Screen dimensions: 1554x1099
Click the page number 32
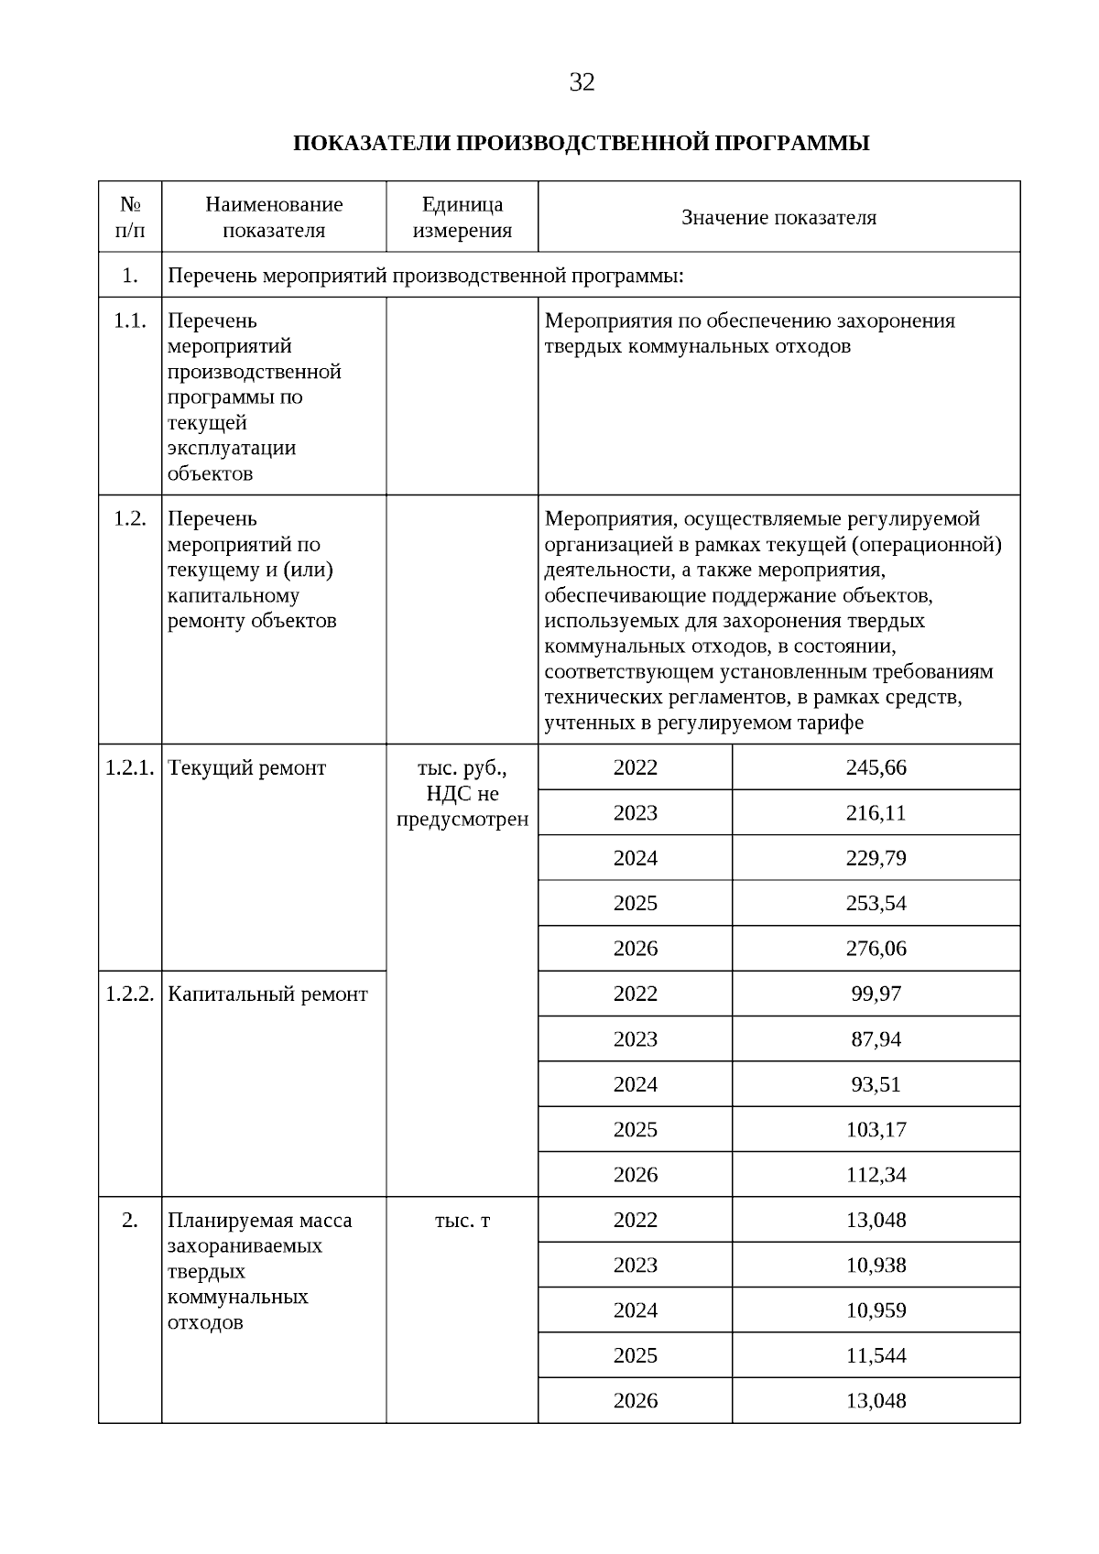(582, 83)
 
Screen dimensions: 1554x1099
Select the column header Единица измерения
(462, 217)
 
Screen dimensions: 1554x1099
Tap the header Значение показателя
(778, 217)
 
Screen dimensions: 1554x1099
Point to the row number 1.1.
(130, 321)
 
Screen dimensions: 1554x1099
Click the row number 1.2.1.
(130, 768)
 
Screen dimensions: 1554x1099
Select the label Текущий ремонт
(247, 768)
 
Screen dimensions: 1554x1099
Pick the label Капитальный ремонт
(267, 994)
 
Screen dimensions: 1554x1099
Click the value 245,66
(876, 767)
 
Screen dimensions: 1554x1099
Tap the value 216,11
(876, 813)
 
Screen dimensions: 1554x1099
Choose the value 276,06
(876, 949)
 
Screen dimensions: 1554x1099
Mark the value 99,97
(876, 994)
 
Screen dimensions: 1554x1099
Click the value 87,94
(876, 1039)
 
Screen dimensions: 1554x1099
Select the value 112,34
(876, 1175)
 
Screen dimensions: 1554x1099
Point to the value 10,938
(876, 1266)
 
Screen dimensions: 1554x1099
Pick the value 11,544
(876, 1355)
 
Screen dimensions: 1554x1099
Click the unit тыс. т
(462, 1221)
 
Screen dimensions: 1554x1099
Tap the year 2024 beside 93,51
(635, 1084)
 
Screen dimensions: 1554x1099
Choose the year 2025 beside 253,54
(635, 904)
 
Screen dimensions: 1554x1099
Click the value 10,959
(876, 1310)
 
